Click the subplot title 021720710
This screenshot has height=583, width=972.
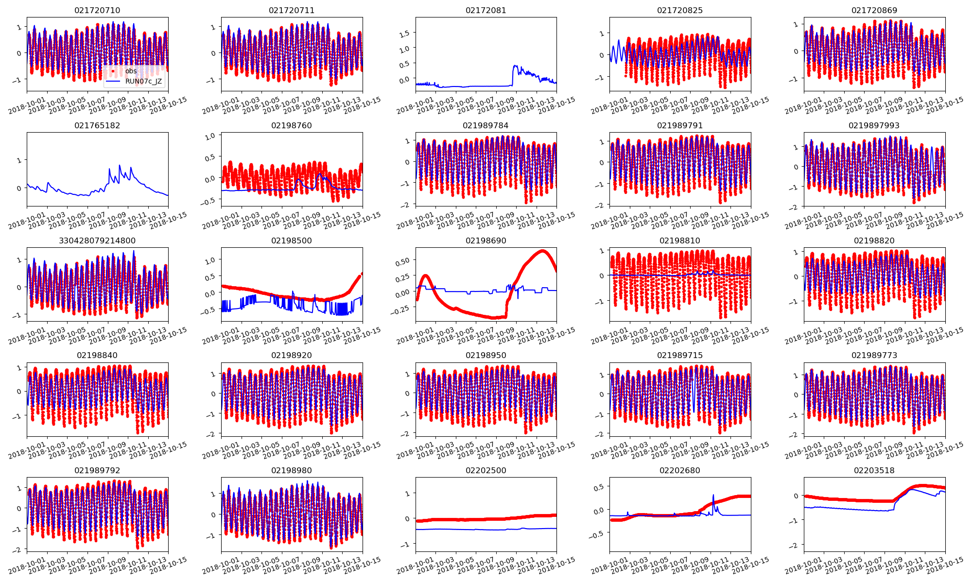(x=97, y=10)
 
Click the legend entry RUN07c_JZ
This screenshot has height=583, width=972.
(x=143, y=81)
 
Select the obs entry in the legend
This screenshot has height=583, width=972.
(x=131, y=71)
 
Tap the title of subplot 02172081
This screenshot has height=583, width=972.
(x=486, y=10)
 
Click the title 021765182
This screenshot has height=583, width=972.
(x=97, y=125)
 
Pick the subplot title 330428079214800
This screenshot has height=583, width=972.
(x=97, y=240)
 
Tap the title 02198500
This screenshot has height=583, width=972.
(x=292, y=240)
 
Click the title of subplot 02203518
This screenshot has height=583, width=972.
(x=874, y=470)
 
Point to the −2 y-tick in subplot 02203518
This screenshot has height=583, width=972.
(x=794, y=546)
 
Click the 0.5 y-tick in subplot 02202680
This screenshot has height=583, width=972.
(x=598, y=487)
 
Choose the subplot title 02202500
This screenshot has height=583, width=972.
(x=486, y=470)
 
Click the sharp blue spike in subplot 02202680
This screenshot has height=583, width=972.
(x=713, y=496)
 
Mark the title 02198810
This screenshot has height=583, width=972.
(x=679, y=240)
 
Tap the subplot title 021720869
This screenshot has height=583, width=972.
(x=874, y=10)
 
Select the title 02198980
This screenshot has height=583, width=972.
(x=292, y=470)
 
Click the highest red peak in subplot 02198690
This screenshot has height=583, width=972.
(x=542, y=251)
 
